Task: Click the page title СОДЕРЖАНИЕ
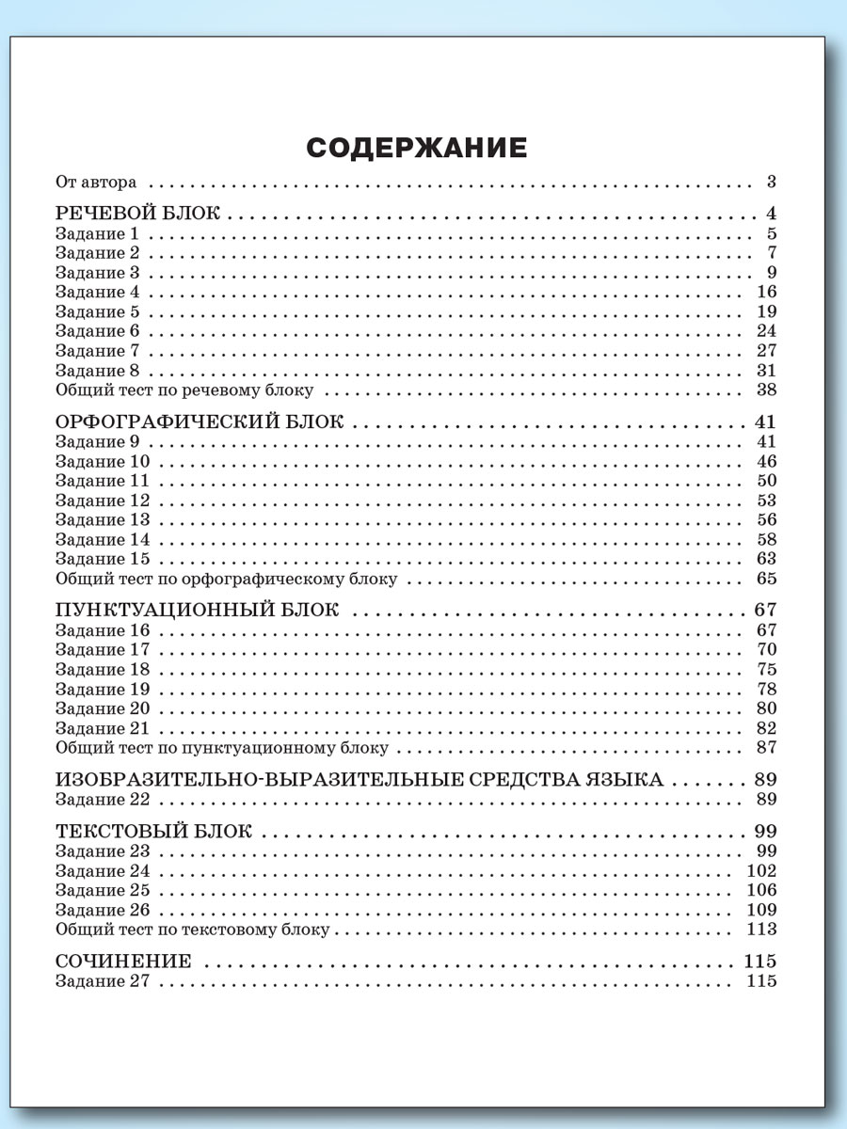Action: [x=416, y=149]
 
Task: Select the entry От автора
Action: [x=96, y=182]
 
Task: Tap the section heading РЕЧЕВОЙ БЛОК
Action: [x=137, y=214]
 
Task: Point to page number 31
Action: [x=765, y=370]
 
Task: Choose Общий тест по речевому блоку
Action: [x=184, y=390]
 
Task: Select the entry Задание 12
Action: [x=102, y=501]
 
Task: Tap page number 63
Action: [x=765, y=559]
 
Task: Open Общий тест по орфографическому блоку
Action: [x=226, y=579]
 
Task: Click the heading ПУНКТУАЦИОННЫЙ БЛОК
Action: [x=196, y=610]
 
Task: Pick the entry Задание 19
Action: [x=102, y=690]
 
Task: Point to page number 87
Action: [x=765, y=748]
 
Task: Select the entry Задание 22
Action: [x=102, y=800]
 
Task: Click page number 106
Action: [x=760, y=890]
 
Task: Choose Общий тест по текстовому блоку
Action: [x=193, y=930]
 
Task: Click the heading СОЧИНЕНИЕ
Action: [x=123, y=962]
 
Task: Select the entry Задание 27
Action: [x=102, y=981]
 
